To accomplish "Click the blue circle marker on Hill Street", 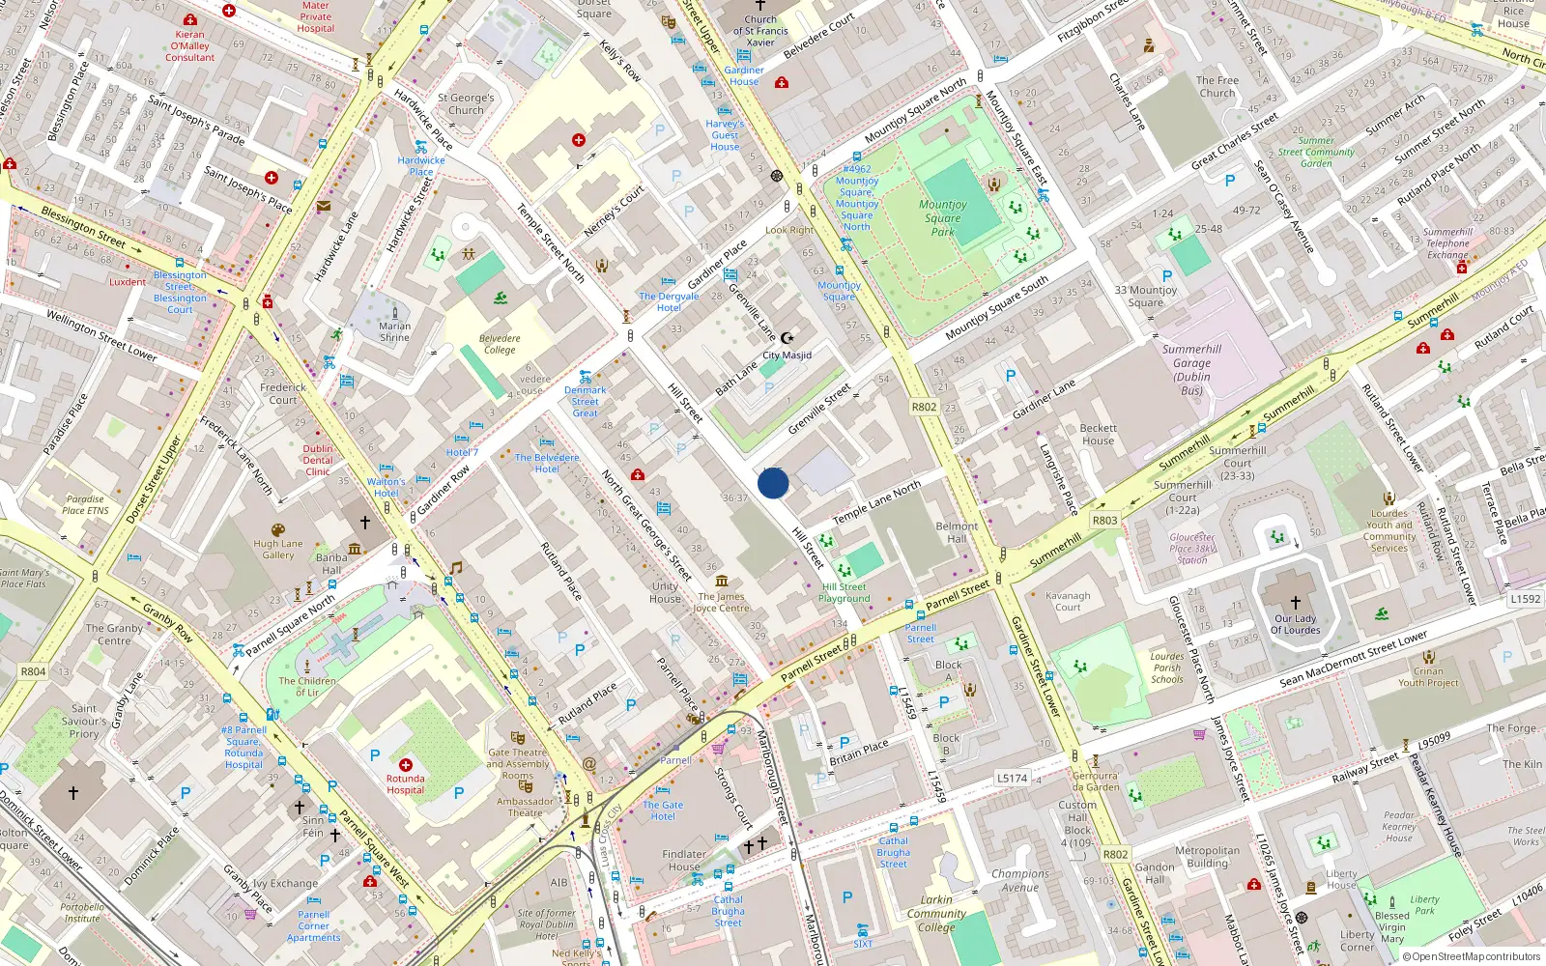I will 773,482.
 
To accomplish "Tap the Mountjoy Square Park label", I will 942,218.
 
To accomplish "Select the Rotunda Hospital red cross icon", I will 406,764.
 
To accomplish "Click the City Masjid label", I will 787,355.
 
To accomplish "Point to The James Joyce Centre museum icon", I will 722,581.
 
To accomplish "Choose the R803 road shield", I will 1104,520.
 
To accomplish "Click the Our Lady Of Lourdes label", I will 1295,624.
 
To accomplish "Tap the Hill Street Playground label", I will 845,592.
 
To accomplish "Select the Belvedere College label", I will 500,344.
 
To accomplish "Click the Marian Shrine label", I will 394,331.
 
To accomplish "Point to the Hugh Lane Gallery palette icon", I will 278,530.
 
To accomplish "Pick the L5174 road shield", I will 1012,778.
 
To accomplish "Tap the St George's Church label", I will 466,103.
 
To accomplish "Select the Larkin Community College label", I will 935,913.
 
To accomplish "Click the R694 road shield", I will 33,671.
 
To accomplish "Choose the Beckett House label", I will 1098,435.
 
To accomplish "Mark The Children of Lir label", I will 307,686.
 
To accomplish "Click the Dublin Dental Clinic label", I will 318,460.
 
